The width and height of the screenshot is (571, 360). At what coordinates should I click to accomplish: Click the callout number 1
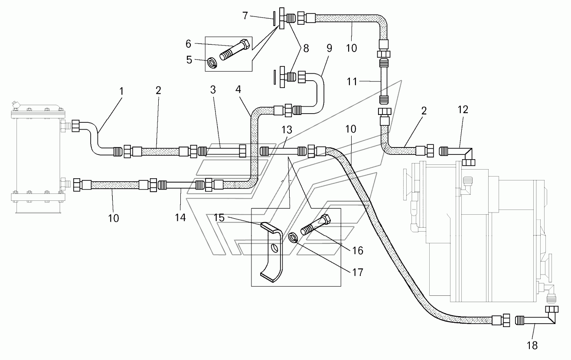click(x=121, y=91)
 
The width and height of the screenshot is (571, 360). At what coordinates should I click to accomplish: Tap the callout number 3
click(x=213, y=90)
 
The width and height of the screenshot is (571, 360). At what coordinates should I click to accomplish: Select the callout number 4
click(x=238, y=89)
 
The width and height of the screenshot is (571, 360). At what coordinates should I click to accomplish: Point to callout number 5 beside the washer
click(x=189, y=60)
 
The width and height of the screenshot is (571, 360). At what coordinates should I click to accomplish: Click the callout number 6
click(x=188, y=44)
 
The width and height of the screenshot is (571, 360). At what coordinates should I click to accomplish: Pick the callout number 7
click(x=245, y=16)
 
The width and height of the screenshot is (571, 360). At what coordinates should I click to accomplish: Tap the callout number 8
click(x=306, y=48)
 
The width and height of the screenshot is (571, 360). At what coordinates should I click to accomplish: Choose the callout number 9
click(x=329, y=48)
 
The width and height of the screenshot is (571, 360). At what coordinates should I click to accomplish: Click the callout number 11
click(x=352, y=82)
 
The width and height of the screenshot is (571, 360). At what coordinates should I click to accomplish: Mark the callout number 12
click(x=463, y=110)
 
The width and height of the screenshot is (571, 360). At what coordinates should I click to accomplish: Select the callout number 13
click(x=287, y=130)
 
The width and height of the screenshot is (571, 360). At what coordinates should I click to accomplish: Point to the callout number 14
click(x=180, y=217)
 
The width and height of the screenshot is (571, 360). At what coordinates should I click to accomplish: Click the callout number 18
click(x=532, y=345)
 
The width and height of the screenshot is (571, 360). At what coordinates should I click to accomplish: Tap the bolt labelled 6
click(x=235, y=50)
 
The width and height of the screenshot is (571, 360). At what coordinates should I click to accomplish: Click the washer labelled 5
click(x=212, y=63)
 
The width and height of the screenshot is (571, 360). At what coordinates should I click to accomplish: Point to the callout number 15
click(x=219, y=218)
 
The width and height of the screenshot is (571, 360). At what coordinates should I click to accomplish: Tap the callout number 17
click(x=357, y=272)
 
